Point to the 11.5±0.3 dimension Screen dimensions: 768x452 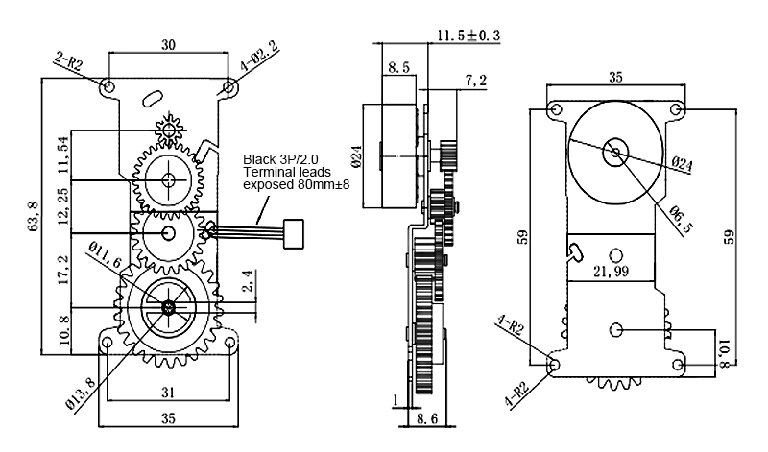tap(468, 36)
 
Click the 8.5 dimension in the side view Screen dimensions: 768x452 tap(398, 66)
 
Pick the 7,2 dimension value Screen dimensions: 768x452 tap(476, 80)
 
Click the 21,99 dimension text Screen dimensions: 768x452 tap(611, 271)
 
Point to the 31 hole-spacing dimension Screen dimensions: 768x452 tap(168, 392)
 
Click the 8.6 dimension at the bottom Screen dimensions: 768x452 tap(426, 419)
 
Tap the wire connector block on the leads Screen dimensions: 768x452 tap(294, 233)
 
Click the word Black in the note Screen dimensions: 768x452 tap(259, 159)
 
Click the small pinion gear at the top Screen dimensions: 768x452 tap(169, 130)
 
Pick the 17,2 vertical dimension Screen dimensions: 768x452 tap(63, 271)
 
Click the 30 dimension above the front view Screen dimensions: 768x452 tap(168, 44)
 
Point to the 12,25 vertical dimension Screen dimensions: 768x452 tap(63, 206)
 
